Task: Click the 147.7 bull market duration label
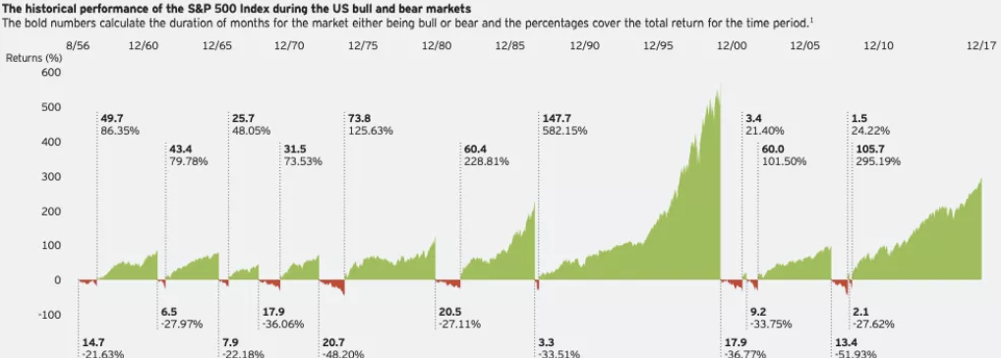(x=557, y=117)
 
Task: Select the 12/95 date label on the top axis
(x=658, y=45)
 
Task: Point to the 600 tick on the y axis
(x=51, y=73)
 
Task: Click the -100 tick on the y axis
(x=48, y=315)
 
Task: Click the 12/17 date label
(x=981, y=45)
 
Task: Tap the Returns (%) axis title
(x=33, y=58)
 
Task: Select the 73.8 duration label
(x=360, y=117)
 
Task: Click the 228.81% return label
(x=484, y=162)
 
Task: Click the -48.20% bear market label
(x=344, y=354)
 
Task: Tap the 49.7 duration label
(x=111, y=117)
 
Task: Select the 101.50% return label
(x=784, y=162)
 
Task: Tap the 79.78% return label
(x=188, y=162)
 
